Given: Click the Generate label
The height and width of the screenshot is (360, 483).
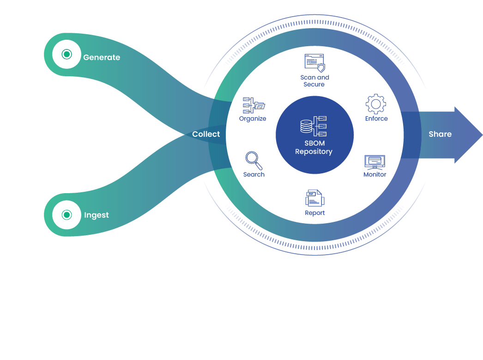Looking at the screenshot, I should point(102,58).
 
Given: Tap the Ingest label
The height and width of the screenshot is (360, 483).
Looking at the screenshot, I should point(97,215).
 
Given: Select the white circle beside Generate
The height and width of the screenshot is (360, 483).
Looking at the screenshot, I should point(67,55).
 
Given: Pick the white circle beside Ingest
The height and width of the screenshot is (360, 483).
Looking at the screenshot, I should point(67,215).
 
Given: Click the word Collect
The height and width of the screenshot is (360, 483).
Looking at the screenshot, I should point(206,134).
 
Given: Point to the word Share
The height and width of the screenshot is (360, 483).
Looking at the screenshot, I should point(440,134).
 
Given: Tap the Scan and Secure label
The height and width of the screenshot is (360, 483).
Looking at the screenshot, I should point(314,81).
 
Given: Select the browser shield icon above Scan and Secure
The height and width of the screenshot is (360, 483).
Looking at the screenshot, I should point(314,63).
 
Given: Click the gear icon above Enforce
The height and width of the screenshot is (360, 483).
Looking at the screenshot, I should point(376,104).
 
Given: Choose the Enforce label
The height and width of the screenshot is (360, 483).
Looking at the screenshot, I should point(376,119).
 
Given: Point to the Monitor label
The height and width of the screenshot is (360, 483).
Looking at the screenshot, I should point(375,175).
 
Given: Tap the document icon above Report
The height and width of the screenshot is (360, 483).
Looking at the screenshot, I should point(315,198).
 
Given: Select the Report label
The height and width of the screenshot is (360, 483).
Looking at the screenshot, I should point(315,213).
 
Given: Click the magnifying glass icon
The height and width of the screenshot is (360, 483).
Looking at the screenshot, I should point(254,161).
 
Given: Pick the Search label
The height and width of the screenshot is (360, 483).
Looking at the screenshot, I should point(254,175).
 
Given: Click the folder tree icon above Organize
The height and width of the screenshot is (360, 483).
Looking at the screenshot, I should point(254,105).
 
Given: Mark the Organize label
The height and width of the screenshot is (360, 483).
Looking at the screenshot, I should point(253,119).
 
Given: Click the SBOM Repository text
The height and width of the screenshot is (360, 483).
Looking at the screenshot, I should point(314,147).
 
